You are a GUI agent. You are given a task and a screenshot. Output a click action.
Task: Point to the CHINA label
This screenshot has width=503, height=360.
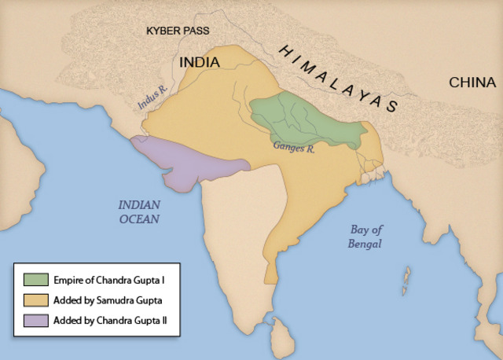click(x=472, y=83)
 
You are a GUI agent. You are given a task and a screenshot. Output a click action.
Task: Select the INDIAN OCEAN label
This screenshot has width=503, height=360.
click(x=139, y=211)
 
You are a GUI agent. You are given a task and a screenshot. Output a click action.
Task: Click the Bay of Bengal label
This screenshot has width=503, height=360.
click(x=366, y=237)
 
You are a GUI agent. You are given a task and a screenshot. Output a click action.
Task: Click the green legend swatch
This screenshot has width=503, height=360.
click(x=33, y=279)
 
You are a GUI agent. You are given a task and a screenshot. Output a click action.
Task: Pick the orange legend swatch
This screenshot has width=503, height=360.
click(x=33, y=299)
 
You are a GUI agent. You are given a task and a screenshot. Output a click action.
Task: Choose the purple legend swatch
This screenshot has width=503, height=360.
click(x=33, y=320)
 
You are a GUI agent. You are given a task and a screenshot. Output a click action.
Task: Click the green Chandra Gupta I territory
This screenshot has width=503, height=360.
click(x=303, y=118)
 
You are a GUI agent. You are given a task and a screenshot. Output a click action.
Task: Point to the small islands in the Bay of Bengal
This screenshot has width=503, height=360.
click(x=406, y=277)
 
